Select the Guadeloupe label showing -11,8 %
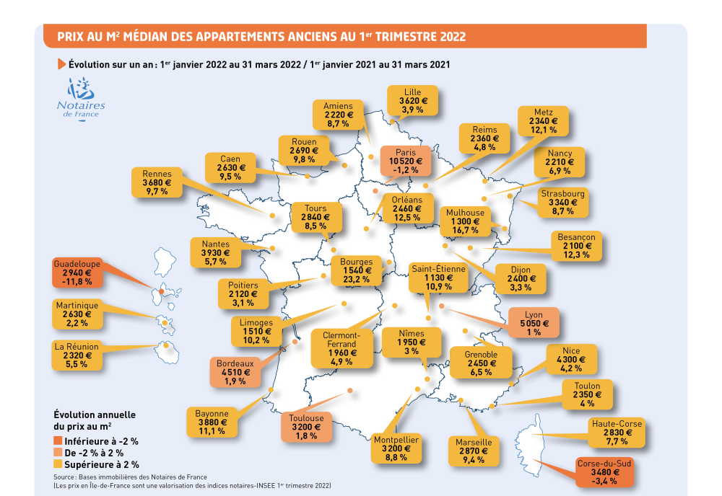pyautogui.click(x=77, y=273)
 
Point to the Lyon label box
pyautogui.click(x=534, y=322)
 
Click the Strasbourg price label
pyautogui.click(x=562, y=203)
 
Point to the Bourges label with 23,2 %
pyautogui.click(x=357, y=270)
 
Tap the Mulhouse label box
pyautogui.click(x=466, y=221)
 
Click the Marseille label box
pyautogui.click(x=474, y=451)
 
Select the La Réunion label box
pyautogui.click(x=77, y=355)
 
